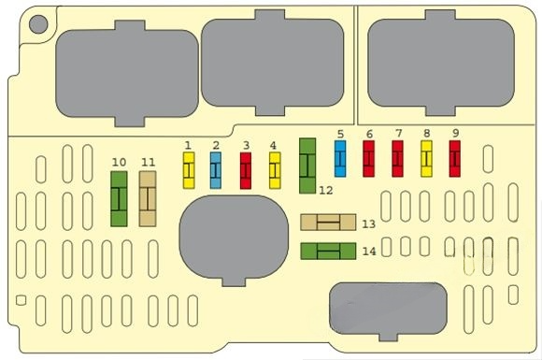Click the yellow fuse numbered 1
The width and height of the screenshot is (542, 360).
188,171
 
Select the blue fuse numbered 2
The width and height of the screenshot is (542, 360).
216,171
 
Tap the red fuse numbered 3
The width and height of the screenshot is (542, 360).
246,171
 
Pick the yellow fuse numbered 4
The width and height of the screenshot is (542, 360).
275,171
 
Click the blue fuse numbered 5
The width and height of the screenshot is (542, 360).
340,159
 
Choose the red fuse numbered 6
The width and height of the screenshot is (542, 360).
368,159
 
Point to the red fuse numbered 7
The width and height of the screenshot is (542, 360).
397,159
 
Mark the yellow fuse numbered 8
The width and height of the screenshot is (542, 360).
426,159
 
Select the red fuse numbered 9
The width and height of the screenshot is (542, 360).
455,159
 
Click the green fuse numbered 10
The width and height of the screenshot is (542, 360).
120,199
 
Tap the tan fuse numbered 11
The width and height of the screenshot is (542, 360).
148,199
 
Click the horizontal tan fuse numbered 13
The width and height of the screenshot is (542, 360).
328,223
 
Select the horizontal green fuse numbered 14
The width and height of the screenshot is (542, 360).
328,251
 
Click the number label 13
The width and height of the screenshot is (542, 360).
368,223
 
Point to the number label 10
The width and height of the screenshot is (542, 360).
119,162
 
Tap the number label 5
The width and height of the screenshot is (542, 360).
340,133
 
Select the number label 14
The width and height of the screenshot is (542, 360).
368,252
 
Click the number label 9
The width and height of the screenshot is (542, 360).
455,133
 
